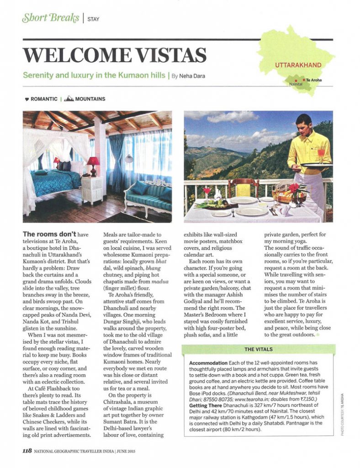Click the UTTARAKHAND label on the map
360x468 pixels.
pyautogui.click(x=298, y=65)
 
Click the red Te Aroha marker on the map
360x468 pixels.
pyautogui.click(x=303, y=80)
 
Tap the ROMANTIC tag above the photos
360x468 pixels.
pyautogui.click(x=44, y=99)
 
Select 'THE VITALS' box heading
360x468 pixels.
pyautogui.click(x=258, y=349)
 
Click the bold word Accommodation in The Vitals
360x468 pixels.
pyautogui.click(x=210, y=362)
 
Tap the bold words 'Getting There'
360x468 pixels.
pyautogui.click(x=207, y=405)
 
